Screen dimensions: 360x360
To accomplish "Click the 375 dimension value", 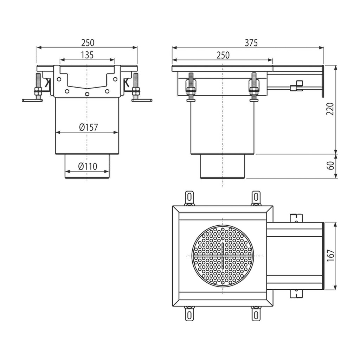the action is coord(251,43).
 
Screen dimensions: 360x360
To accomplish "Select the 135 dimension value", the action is coord(87,55).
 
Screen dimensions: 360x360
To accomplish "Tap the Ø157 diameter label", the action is coord(88,127).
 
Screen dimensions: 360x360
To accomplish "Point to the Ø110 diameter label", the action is coord(88,166).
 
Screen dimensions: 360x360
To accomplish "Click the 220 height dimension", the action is coord(330,109).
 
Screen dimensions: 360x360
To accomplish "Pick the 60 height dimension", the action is coord(330,166).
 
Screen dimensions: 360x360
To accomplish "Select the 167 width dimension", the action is coord(330,256).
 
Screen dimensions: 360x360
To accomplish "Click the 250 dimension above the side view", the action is coord(223,55).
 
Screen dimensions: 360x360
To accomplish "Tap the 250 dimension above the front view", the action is coord(88,43).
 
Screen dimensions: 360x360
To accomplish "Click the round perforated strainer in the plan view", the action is coord(223,256).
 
